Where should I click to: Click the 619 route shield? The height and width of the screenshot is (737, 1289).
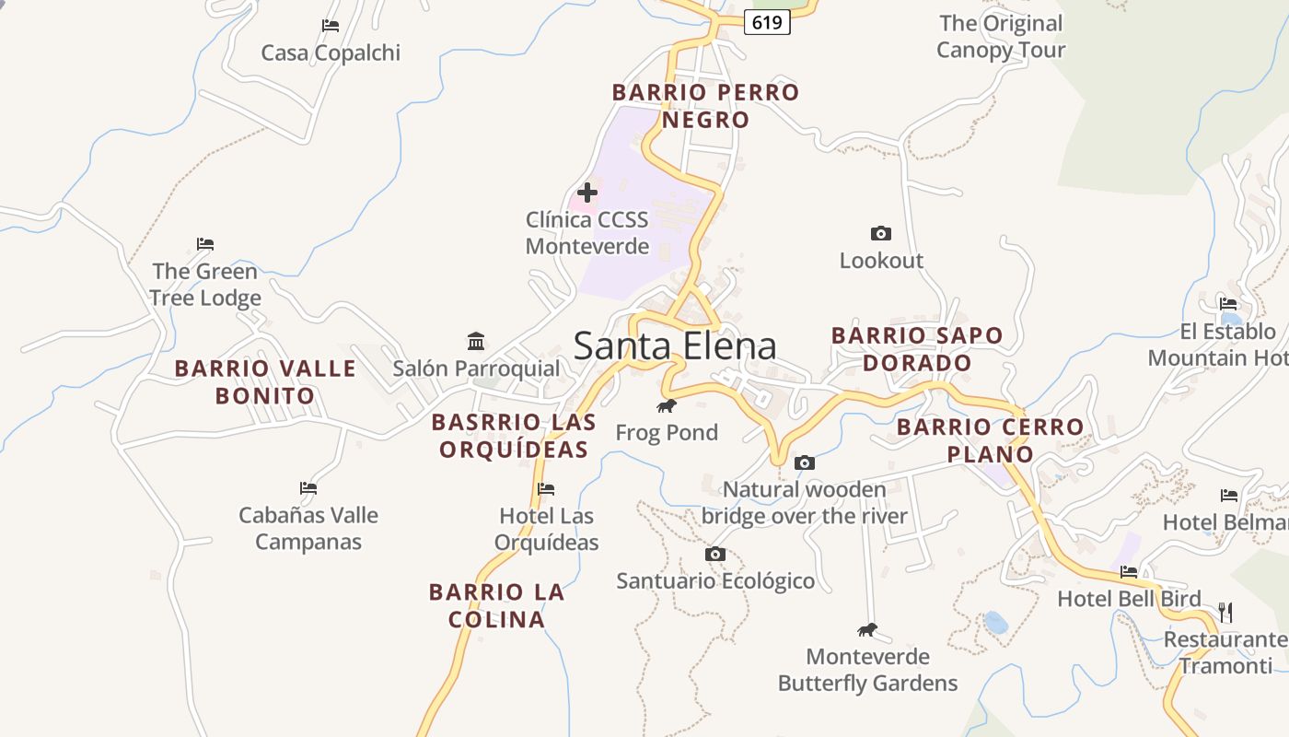(767, 22)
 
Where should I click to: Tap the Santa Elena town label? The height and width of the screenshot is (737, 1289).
(675, 346)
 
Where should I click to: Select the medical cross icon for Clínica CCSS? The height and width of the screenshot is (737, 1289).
(586, 193)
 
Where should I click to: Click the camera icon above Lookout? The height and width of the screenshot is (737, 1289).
(881, 234)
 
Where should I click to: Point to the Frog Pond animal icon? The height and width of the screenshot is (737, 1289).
(667, 405)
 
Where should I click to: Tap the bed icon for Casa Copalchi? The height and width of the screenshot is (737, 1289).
(331, 26)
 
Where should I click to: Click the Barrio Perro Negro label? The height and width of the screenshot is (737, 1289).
(705, 106)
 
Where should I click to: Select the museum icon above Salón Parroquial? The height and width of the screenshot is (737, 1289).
(476, 342)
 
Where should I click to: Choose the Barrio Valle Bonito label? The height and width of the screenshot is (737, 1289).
(265, 382)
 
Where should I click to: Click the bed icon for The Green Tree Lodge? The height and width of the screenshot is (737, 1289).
(205, 244)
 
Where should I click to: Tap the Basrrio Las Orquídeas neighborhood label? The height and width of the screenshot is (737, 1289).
(514, 436)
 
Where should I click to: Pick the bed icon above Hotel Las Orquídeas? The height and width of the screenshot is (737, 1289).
(546, 489)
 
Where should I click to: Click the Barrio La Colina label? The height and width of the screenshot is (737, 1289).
(496, 605)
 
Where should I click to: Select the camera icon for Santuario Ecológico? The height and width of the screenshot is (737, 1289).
(715, 554)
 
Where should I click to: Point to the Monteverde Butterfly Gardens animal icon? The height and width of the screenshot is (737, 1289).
(867, 630)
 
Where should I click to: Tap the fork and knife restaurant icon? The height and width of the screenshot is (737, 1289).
(1225, 613)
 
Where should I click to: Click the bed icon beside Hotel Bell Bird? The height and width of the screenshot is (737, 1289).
(1129, 572)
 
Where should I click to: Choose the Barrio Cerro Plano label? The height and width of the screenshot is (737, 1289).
(991, 440)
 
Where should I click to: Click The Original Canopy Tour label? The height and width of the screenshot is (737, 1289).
(1001, 37)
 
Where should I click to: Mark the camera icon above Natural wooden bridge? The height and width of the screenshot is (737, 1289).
(805, 462)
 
